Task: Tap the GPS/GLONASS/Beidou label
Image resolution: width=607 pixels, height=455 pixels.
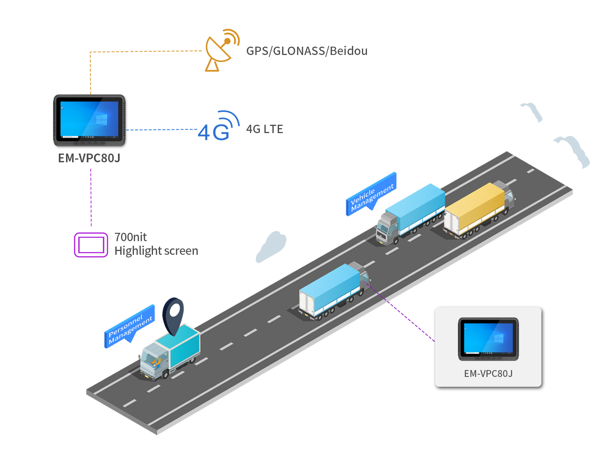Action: click(x=307, y=51)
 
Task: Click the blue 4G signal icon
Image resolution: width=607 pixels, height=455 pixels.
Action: click(x=218, y=127)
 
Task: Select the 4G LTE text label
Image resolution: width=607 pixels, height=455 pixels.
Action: click(x=264, y=129)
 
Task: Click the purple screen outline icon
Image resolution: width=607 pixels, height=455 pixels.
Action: click(x=91, y=245)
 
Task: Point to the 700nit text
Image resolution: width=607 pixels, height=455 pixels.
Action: click(x=131, y=237)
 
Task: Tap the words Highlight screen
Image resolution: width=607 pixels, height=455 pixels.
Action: click(x=156, y=251)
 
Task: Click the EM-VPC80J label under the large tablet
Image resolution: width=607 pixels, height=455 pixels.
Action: click(x=89, y=158)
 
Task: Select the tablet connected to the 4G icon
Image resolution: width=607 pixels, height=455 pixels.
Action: click(x=90, y=120)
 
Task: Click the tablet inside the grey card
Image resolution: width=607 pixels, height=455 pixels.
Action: click(x=488, y=339)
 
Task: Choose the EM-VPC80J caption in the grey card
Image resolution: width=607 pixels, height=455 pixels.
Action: click(x=488, y=374)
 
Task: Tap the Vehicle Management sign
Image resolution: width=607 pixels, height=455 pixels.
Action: click(x=371, y=195)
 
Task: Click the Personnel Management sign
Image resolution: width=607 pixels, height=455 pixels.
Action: click(x=129, y=326)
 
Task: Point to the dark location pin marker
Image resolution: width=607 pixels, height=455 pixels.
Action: click(x=173, y=315)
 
